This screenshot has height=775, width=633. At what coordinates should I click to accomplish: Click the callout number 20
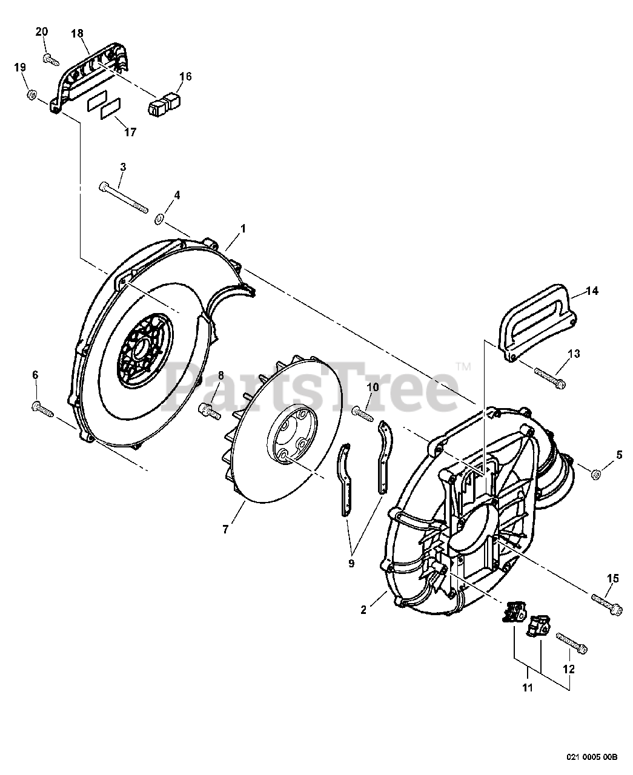click(x=41, y=32)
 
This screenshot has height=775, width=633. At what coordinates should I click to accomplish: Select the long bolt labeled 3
click(x=123, y=196)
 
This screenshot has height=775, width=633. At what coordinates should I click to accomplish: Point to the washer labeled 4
click(x=159, y=218)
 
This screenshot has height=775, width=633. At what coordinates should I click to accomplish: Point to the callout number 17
click(x=130, y=132)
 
